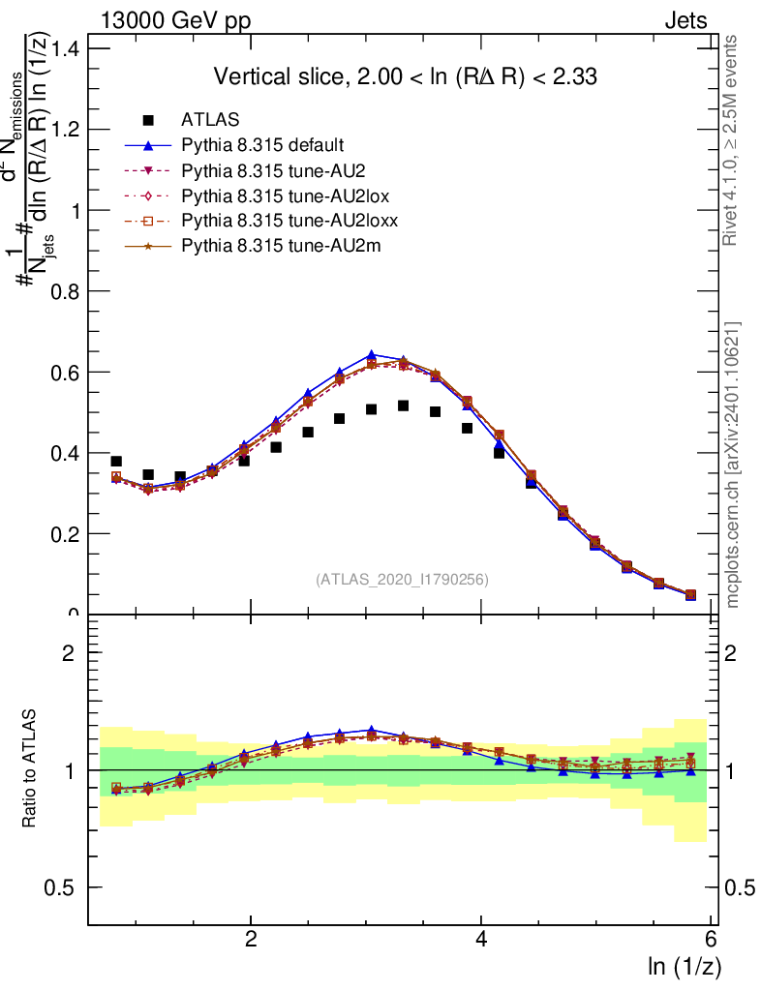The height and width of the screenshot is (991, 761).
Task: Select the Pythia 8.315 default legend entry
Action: (x=263, y=146)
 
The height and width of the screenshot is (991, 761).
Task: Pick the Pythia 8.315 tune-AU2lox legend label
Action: (x=282, y=196)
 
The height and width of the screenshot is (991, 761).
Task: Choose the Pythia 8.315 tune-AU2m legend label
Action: (x=282, y=247)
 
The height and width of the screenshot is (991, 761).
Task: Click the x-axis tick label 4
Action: (x=481, y=940)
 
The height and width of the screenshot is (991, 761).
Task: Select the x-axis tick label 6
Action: (x=711, y=940)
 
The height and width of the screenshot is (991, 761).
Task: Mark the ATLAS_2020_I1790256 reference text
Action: (x=401, y=580)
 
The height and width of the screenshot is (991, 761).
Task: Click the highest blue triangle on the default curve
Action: (x=372, y=355)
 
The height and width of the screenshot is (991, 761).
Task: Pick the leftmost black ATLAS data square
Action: (x=116, y=462)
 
